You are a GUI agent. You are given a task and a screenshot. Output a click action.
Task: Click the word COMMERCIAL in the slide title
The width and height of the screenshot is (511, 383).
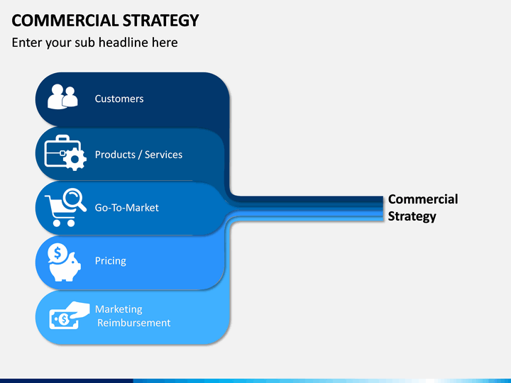pos(65,21)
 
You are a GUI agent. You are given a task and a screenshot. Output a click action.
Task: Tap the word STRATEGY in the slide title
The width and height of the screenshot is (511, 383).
pos(160,21)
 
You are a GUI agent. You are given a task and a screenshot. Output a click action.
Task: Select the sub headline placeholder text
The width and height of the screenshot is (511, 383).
pos(94,43)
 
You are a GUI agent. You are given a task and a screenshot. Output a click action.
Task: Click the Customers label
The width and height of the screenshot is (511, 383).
pos(119,99)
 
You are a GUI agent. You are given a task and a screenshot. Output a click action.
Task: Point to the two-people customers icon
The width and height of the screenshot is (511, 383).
pos(62,96)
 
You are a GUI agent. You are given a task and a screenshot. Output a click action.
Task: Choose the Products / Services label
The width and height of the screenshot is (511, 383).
pos(138,155)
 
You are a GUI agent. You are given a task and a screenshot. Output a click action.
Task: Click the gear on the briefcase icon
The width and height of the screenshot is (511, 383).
pos(75,160)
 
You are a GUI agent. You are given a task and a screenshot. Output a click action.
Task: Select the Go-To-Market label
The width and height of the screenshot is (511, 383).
pos(127,208)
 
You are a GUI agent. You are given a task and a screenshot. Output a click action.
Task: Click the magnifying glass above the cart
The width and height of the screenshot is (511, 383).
pos(75,199)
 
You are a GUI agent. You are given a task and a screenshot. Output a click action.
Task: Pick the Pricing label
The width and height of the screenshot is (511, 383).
pos(111,261)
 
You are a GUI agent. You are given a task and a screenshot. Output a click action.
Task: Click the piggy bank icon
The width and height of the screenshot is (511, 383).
pos(65,268)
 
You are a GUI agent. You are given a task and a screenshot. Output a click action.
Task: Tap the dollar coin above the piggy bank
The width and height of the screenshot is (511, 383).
pos(57,253)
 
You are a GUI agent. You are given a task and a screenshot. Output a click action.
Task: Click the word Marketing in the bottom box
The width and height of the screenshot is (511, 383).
pos(119,309)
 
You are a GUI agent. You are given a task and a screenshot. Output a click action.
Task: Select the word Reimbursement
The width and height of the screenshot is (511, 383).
pos(134,323)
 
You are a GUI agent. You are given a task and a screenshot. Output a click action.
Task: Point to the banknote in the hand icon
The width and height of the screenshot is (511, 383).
pos(64,319)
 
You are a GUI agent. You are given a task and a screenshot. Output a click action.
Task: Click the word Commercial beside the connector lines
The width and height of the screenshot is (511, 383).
pos(423,199)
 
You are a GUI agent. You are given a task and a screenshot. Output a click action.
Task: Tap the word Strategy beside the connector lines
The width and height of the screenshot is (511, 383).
pos(412,216)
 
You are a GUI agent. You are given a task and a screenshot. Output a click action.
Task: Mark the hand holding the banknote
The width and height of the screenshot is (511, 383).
pos(77,309)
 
